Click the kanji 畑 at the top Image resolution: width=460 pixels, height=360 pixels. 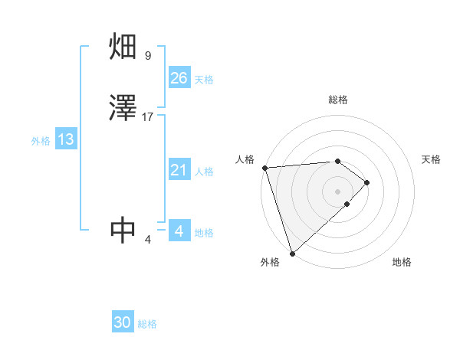tap(123, 47)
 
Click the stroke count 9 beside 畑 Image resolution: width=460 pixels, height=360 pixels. tap(147, 56)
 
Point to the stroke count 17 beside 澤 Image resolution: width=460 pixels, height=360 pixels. tap(148, 117)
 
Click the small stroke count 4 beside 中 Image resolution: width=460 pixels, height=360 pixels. tap(147, 240)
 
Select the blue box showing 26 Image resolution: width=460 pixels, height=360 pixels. tap(179, 78)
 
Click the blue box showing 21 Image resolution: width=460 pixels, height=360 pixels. tap(179, 170)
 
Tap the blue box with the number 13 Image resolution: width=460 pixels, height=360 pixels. tap(65, 139)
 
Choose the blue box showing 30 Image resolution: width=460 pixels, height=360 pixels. tap(123, 322)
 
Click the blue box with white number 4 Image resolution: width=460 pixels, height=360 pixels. tap(179, 231)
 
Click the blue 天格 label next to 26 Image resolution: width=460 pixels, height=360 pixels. tap(204, 80)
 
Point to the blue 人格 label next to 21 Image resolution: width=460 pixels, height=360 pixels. tap(204, 172)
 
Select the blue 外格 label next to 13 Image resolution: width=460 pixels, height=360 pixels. tap(41, 141)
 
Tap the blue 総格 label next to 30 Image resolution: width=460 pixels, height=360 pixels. tap(147, 324)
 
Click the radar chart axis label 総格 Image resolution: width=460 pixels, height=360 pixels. tap(337, 100)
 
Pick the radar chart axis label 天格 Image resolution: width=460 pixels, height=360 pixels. tap(431, 159)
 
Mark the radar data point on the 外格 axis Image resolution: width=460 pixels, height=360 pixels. tap(291, 252)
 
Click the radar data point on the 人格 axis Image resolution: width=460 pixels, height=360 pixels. tap(264, 168)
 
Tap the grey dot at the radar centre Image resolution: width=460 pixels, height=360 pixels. tap(337, 191)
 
